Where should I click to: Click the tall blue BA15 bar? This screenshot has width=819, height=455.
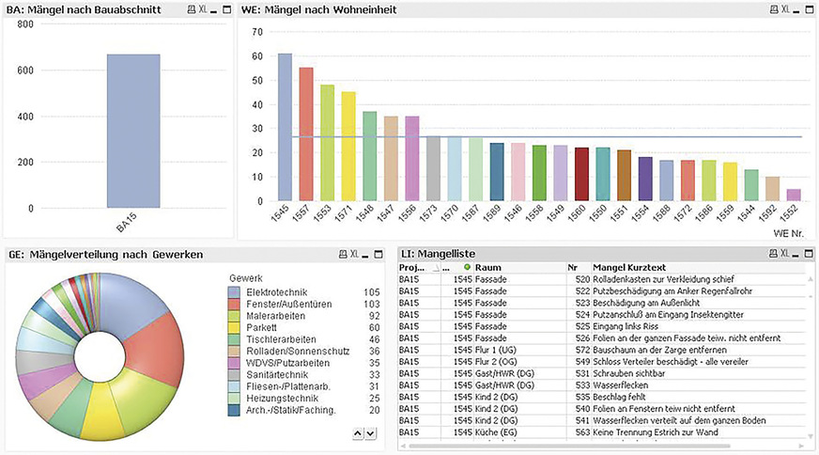click(x=133, y=132)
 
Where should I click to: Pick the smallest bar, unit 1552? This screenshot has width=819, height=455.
click(x=795, y=195)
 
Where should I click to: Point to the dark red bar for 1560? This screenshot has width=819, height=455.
click(x=581, y=174)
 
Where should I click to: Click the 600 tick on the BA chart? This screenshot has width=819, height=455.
click(x=25, y=71)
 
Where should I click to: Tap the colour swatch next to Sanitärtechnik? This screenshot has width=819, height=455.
click(x=235, y=373)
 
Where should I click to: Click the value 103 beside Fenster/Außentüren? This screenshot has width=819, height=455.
click(x=371, y=305)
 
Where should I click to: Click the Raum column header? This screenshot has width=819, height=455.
click(x=488, y=268)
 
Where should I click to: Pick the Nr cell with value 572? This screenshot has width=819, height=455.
click(x=582, y=349)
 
